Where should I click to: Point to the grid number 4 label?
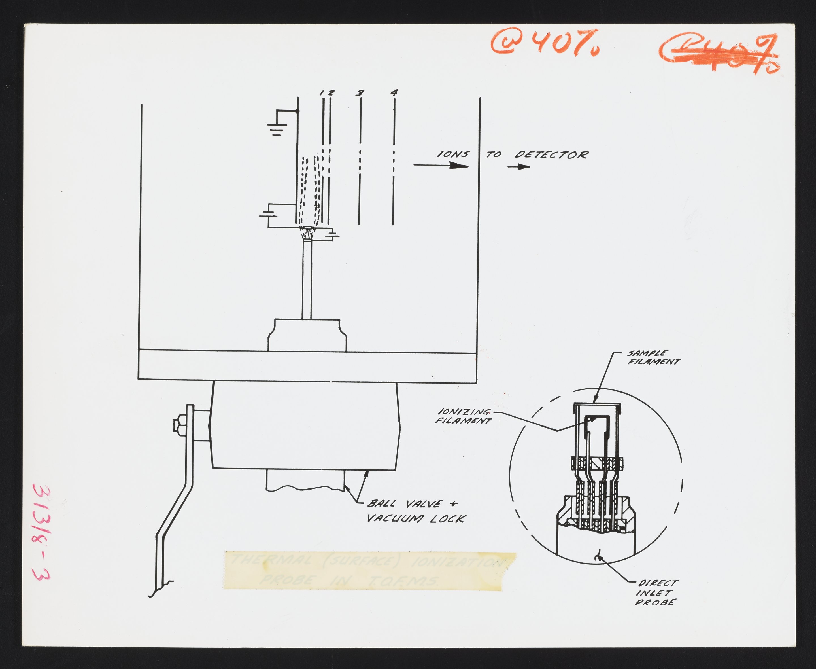(x=394, y=92)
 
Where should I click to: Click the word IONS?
(x=453, y=154)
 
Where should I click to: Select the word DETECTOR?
(x=551, y=155)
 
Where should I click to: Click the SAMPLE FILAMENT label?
(x=653, y=357)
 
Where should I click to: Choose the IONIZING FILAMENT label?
(x=463, y=416)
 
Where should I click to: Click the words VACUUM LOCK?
(x=416, y=519)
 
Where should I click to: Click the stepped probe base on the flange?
(x=307, y=334)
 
